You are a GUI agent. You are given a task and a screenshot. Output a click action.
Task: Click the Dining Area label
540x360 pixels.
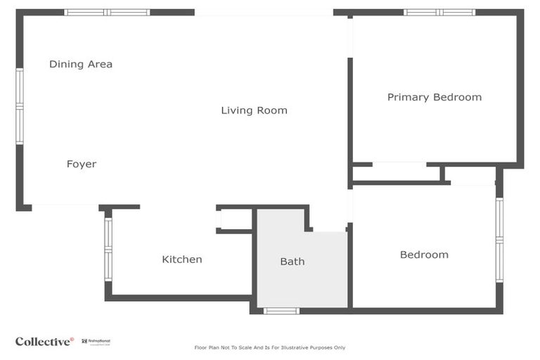pos(81,65)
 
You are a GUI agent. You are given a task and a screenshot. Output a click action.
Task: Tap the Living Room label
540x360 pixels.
pos(254,110)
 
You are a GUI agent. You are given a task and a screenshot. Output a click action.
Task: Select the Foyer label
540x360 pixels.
pos(82,164)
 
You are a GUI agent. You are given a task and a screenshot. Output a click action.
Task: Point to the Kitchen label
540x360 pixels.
pos(182,259)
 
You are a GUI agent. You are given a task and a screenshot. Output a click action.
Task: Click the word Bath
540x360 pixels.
pos(292,262)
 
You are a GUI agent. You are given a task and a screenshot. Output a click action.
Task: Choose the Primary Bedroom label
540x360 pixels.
pos(435,97)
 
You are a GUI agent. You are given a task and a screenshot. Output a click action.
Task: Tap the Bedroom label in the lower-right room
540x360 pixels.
pos(424,255)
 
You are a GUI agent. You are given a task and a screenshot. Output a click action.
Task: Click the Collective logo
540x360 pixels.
pos(44,342)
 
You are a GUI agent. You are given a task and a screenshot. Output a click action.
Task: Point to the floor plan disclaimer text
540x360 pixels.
pos(270,347)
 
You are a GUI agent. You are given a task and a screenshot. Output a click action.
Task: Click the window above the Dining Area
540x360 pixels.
pos(107,13)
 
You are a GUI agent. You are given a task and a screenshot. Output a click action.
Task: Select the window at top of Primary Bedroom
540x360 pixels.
pos(439,13)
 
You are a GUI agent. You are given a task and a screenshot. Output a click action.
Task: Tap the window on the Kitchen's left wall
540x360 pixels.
pos(108,249)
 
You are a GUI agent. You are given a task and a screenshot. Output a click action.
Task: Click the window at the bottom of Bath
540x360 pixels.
pos(281,310)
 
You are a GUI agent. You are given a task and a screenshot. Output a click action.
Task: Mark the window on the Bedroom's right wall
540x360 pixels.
pos(499,240)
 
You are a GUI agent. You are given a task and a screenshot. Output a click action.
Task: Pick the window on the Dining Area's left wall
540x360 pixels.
pos(20,106)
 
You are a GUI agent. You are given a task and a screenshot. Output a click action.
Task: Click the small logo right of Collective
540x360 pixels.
pos(96,342)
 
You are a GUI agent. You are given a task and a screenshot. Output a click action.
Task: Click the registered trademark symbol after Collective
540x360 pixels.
pos(72,339)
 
